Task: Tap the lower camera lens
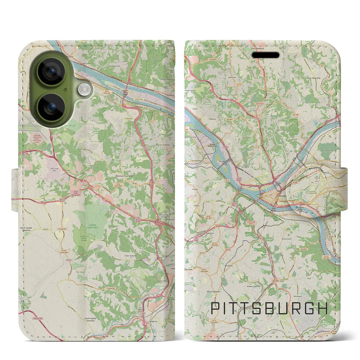[51, 107]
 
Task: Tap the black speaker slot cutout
[265, 55]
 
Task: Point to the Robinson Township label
[124, 176]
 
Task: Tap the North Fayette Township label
[26, 229]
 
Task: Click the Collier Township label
[130, 256]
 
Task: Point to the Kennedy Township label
[163, 145]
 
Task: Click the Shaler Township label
[313, 78]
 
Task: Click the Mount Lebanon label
[214, 292]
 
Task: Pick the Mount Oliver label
[287, 239]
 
